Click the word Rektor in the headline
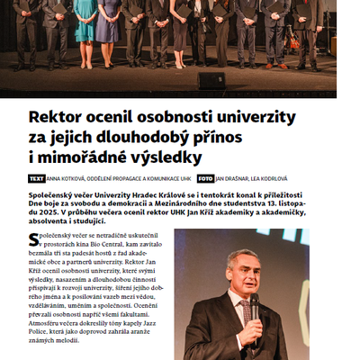(57, 118)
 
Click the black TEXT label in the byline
(37, 179)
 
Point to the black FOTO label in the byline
(206, 179)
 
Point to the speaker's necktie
(247, 314)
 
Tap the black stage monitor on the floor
(211, 80)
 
